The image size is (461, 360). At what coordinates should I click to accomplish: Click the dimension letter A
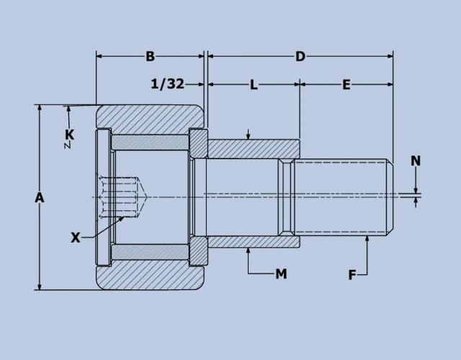click(x=40, y=197)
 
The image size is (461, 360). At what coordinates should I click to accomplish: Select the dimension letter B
click(x=150, y=56)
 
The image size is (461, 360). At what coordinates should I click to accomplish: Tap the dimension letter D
click(x=300, y=56)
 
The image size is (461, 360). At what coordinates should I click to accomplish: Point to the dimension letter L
click(x=254, y=85)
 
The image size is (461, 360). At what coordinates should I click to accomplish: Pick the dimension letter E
click(x=346, y=85)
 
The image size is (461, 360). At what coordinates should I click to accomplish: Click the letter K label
click(x=69, y=135)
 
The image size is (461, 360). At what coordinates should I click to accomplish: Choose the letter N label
click(x=416, y=161)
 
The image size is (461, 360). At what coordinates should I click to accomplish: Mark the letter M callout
click(x=281, y=274)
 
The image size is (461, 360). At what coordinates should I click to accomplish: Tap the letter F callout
click(x=352, y=274)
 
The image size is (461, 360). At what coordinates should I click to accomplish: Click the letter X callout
click(x=75, y=238)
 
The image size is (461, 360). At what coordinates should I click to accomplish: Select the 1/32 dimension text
click(x=167, y=84)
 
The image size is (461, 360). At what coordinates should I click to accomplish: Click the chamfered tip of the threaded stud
click(x=390, y=197)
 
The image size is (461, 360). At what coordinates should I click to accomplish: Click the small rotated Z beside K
click(x=66, y=145)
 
